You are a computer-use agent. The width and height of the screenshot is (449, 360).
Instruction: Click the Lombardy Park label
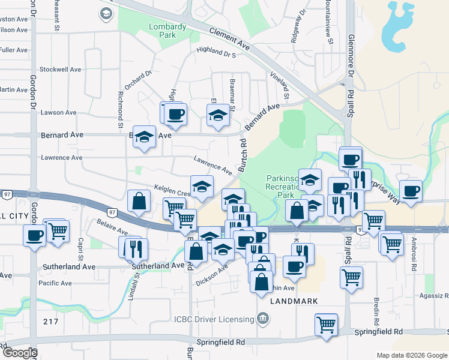(x=167, y=31)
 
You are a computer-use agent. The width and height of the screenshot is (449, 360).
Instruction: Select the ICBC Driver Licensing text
(x=214, y=318)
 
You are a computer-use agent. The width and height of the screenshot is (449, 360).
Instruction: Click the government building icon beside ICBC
(x=262, y=317)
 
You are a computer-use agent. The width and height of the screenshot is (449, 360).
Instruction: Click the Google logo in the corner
(x=20, y=353)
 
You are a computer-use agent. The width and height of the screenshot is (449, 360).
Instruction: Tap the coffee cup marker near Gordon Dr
(x=35, y=234)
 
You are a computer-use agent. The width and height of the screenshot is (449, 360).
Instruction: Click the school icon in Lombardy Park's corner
(x=106, y=13)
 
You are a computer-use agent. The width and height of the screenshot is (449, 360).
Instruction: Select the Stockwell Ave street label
(x=61, y=70)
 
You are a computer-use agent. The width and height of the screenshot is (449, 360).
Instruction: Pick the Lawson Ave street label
(x=58, y=112)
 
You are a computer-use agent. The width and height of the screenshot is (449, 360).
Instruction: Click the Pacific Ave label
(x=55, y=283)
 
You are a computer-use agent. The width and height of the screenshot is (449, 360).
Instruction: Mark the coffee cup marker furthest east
(x=411, y=191)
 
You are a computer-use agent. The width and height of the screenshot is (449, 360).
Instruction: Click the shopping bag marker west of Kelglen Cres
(x=139, y=202)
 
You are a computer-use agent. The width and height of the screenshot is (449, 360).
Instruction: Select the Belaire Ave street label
(x=112, y=227)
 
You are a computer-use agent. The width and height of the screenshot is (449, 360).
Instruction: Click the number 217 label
(x=50, y=322)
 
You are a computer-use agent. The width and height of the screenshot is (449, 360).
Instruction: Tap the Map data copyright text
(x=411, y=355)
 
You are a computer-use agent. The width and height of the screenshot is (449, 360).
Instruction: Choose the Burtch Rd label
(x=243, y=156)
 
